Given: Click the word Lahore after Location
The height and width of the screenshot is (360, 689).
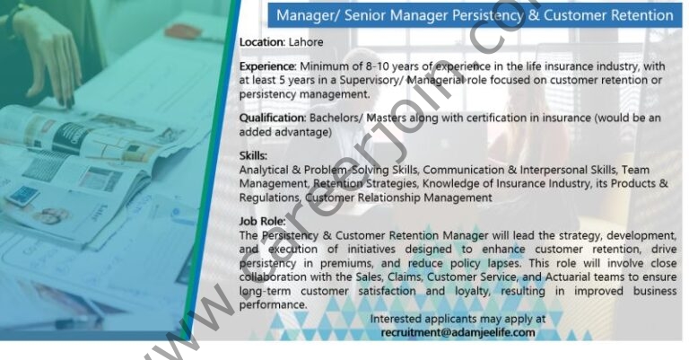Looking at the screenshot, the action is [x=306, y=42].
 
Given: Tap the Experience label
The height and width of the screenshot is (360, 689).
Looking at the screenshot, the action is [x=268, y=66].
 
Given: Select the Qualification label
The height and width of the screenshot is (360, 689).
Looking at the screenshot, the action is [x=273, y=118].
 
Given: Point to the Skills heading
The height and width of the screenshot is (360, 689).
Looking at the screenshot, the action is [x=253, y=155].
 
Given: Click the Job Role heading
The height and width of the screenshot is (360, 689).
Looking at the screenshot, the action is [x=262, y=221].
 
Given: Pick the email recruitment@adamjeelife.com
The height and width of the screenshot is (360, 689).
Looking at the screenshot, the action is [x=458, y=332].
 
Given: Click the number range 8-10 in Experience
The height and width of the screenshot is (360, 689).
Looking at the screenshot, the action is [x=377, y=66].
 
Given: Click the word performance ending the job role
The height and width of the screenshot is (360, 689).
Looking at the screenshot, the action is [x=273, y=305].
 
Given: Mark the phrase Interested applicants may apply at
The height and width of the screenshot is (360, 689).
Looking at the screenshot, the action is [x=458, y=319].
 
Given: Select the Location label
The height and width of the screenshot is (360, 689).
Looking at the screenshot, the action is [x=262, y=42].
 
